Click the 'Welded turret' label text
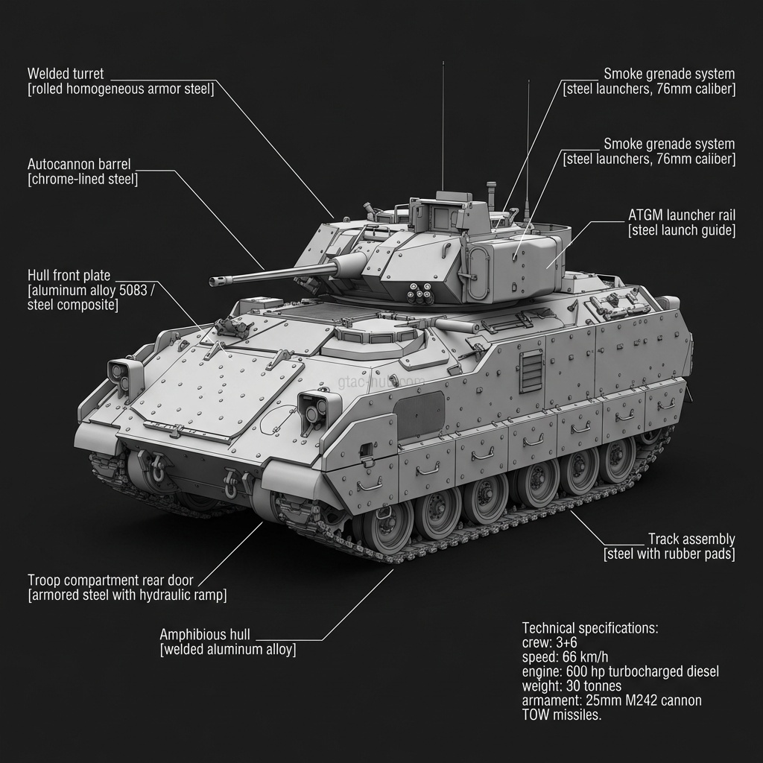click(x=66, y=74)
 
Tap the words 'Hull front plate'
click(x=69, y=276)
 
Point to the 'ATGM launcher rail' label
click(x=681, y=215)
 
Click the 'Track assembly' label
click(x=691, y=539)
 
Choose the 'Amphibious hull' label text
click(x=205, y=635)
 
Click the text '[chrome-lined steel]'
click(x=82, y=179)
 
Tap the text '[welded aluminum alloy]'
click(x=227, y=650)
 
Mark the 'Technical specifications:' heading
click(x=590, y=628)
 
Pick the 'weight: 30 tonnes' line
click(x=572, y=686)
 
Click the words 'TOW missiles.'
click(x=561, y=715)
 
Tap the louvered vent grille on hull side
click(x=531, y=371)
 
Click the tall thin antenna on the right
click(x=528, y=149)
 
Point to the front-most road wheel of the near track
click(x=387, y=526)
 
